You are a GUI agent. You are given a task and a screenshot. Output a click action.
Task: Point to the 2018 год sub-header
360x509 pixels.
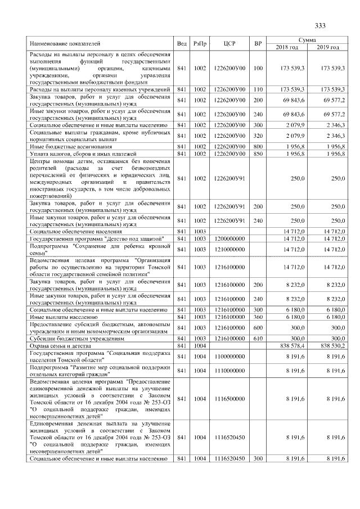[x=287, y=47]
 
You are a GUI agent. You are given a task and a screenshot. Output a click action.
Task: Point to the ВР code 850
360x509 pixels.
[x=258, y=154]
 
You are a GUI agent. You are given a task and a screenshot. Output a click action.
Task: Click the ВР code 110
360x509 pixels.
[x=258, y=89]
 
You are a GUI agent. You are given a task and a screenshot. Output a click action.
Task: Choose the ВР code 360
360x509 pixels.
[x=258, y=318]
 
